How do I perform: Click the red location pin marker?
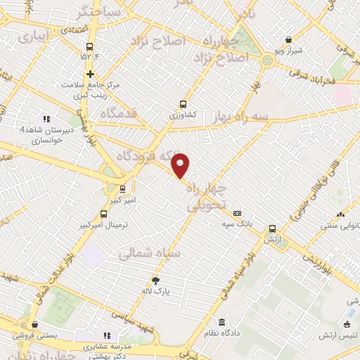coord(181,165)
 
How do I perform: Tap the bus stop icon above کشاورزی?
coord(184,102)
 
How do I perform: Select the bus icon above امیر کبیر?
coord(124,188)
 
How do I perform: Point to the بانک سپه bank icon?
coord(237,213)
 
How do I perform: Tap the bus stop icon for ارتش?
coord(273,228)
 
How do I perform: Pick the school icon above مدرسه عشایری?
coord(107,336)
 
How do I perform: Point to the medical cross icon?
coord(90,74)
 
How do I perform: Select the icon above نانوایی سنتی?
coord(340,214)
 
